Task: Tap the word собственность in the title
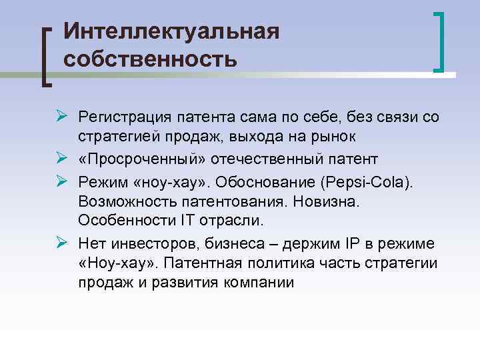coord(151,59)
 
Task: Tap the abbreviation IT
coord(185,219)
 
